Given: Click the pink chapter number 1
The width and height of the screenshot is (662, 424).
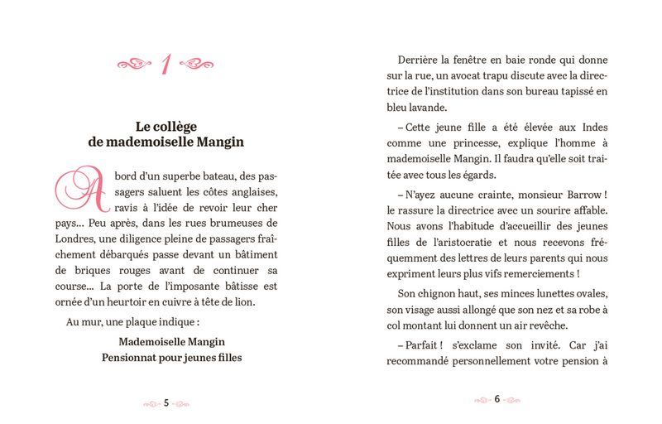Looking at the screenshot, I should [165, 64].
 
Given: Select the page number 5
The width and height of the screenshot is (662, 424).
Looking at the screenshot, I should [166, 402].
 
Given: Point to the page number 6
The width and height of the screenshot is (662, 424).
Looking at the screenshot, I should [496, 400].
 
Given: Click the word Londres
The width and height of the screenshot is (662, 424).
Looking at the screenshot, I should [75, 238].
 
